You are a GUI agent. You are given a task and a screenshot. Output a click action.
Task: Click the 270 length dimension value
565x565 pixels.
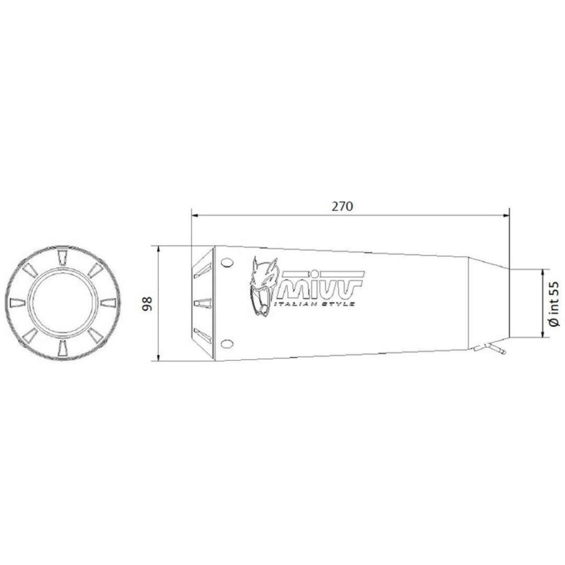tap(342, 207)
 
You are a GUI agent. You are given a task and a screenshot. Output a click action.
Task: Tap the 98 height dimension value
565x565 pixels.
tap(148, 304)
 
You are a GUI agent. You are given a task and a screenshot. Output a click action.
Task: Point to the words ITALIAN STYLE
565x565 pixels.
tap(314, 304)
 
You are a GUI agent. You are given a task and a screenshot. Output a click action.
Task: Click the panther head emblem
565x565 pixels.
tap(263, 287)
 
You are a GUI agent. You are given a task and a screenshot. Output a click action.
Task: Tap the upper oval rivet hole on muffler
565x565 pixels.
tap(227, 263)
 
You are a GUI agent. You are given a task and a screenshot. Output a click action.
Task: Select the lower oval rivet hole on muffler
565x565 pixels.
tap(227, 344)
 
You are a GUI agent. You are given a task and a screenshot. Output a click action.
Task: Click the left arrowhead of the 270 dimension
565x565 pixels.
tap(195, 216)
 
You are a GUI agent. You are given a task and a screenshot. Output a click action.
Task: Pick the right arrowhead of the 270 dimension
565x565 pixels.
tap(505, 216)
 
